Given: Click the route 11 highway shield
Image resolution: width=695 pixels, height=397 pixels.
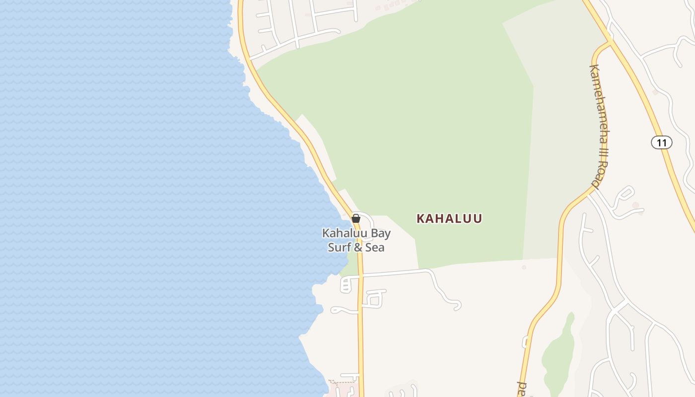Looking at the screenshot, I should [661, 142].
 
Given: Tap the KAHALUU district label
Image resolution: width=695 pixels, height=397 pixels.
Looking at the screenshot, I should [449, 218].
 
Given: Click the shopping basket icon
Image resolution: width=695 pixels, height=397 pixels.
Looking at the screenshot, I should [356, 218].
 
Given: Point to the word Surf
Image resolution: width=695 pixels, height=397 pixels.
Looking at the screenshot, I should [339, 247].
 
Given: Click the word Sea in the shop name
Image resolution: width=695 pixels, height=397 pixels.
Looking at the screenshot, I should [375, 247].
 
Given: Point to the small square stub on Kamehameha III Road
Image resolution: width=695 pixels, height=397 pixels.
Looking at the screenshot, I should [525, 342].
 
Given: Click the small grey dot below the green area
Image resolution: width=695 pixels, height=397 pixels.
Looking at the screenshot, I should [524, 267].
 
